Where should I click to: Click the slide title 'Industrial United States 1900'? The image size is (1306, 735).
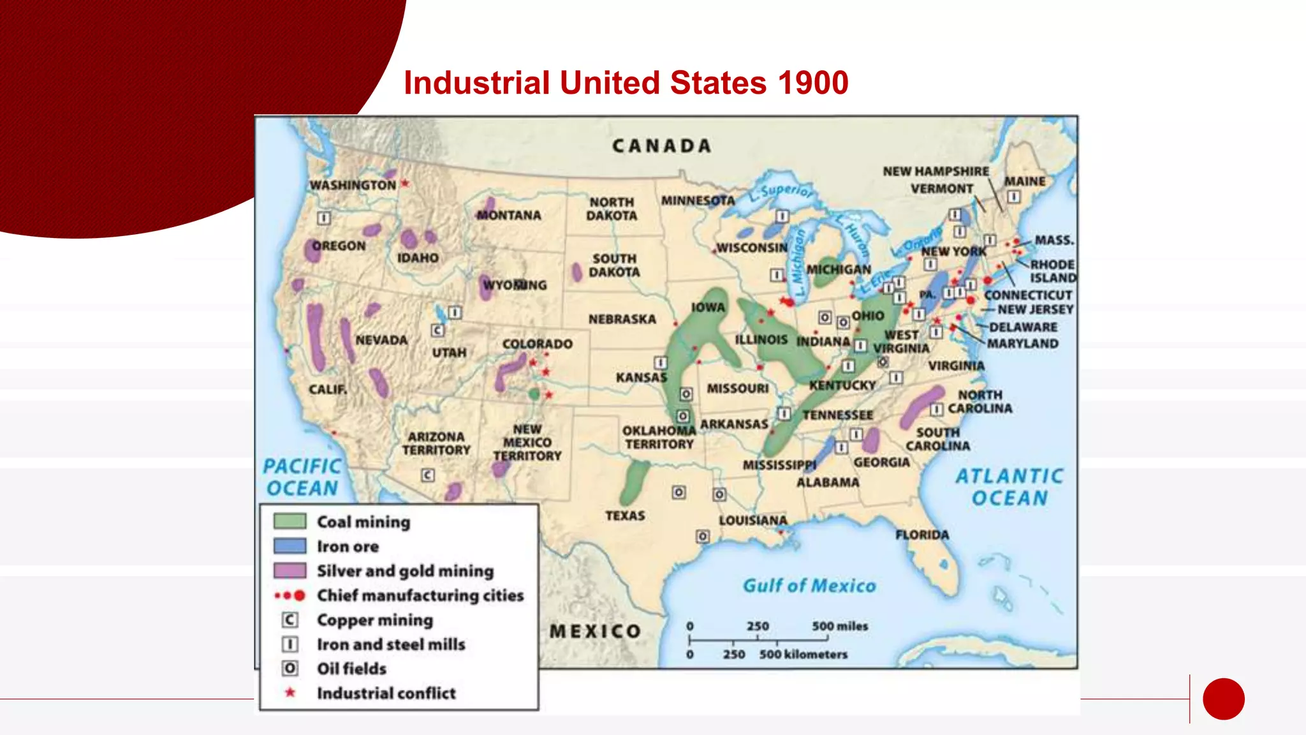tap(626, 83)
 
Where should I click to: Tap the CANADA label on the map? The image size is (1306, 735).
tap(661, 146)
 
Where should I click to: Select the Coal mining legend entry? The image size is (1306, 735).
tap(363, 522)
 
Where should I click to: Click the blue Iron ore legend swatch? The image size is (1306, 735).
tap(290, 546)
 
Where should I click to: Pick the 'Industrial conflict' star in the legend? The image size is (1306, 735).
tap(290, 692)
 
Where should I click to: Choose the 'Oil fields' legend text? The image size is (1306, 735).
tap(351, 669)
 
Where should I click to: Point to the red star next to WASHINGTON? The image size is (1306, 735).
tap(404, 184)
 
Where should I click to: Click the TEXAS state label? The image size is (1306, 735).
tap(625, 516)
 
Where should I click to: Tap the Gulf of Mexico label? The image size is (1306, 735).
tap(809, 586)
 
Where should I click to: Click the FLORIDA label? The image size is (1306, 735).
tap(921, 535)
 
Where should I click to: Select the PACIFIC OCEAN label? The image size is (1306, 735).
tap(302, 477)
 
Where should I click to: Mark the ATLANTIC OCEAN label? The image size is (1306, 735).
tap(1009, 487)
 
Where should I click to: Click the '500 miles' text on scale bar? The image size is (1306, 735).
tap(839, 626)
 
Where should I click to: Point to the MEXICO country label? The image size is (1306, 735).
tap(595, 631)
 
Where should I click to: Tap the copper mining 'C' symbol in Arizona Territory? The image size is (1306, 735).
tap(427, 475)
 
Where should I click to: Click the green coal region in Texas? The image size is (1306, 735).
tap(634, 482)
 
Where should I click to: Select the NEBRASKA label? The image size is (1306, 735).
tap(622, 319)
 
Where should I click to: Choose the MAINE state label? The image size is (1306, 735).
tap(1025, 181)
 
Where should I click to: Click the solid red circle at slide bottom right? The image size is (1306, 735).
tap(1223, 699)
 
